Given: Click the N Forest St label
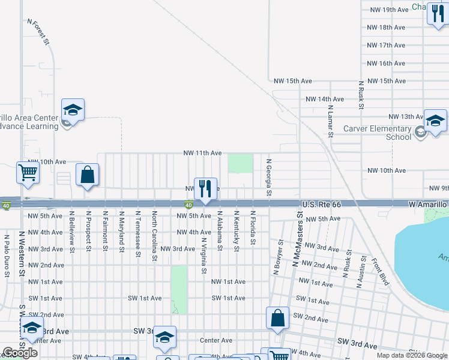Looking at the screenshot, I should pos(37,31).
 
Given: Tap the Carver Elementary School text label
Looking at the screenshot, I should pos(378,133).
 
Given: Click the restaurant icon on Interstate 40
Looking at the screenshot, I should pos(205,188).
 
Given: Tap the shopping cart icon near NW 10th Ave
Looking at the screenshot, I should pos(28,173).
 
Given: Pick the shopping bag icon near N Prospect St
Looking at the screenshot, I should pos(88,176).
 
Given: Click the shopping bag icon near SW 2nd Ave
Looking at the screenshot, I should pos(277,319).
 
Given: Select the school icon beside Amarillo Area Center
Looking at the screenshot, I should pos(73,110).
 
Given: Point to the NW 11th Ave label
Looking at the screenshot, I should pos(203,154).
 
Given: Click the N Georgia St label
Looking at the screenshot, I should pos(269,177).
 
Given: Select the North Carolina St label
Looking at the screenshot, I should pos(154,236).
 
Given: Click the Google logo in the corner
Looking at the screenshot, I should pos(20,353).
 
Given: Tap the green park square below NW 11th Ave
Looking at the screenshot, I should pos(240,163).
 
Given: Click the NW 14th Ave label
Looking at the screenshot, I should pos(325,99).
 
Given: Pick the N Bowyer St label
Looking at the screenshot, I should pos(279,257).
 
